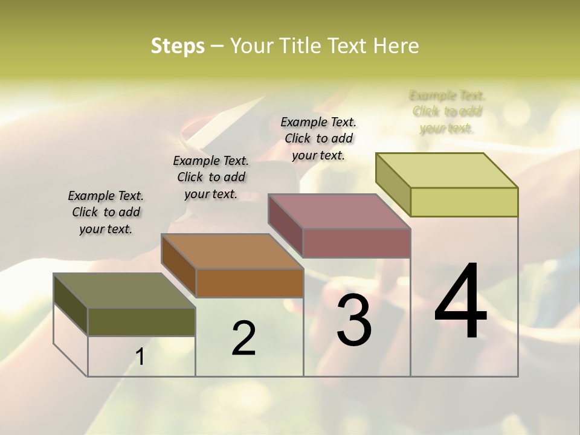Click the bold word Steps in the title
pos(177,46)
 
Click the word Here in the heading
pos(396,46)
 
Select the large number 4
pos(460,302)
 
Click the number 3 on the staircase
pos(353,320)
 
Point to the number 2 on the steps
pos(243,338)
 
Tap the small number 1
pos(140,357)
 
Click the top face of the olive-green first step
pos(124,291)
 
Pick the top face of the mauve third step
pos(339,211)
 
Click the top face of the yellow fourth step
pos(446,170)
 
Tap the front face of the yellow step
pos(464,202)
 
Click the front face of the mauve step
pos(356,243)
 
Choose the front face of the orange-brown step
pos(250,283)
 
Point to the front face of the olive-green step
pos(141,322)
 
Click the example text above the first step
pos(106,212)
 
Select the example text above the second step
pos(211,177)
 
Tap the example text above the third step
pos(318,138)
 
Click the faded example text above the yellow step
pos(447,112)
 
